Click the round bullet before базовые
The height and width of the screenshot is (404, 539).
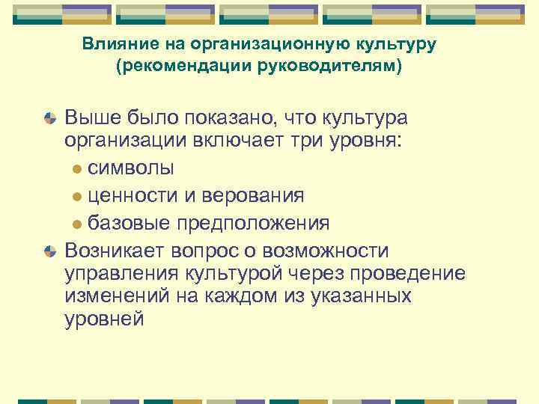[78, 223]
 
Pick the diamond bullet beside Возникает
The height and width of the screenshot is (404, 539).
[50, 250]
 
